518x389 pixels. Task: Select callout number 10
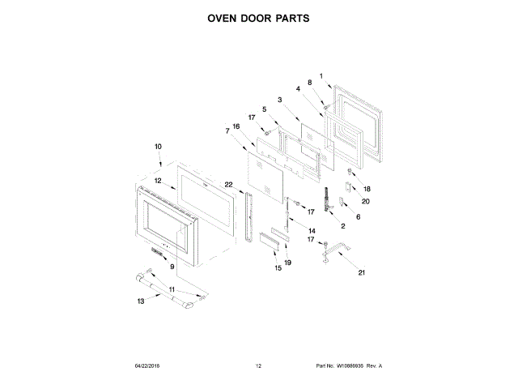pyautogui.click(x=159, y=147)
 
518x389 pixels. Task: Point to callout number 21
pyautogui.click(x=362, y=272)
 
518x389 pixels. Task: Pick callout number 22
pyautogui.click(x=229, y=185)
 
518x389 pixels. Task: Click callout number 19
pyautogui.click(x=288, y=263)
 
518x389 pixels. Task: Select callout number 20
pyautogui.click(x=366, y=201)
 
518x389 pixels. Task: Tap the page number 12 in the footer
pyautogui.click(x=258, y=366)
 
